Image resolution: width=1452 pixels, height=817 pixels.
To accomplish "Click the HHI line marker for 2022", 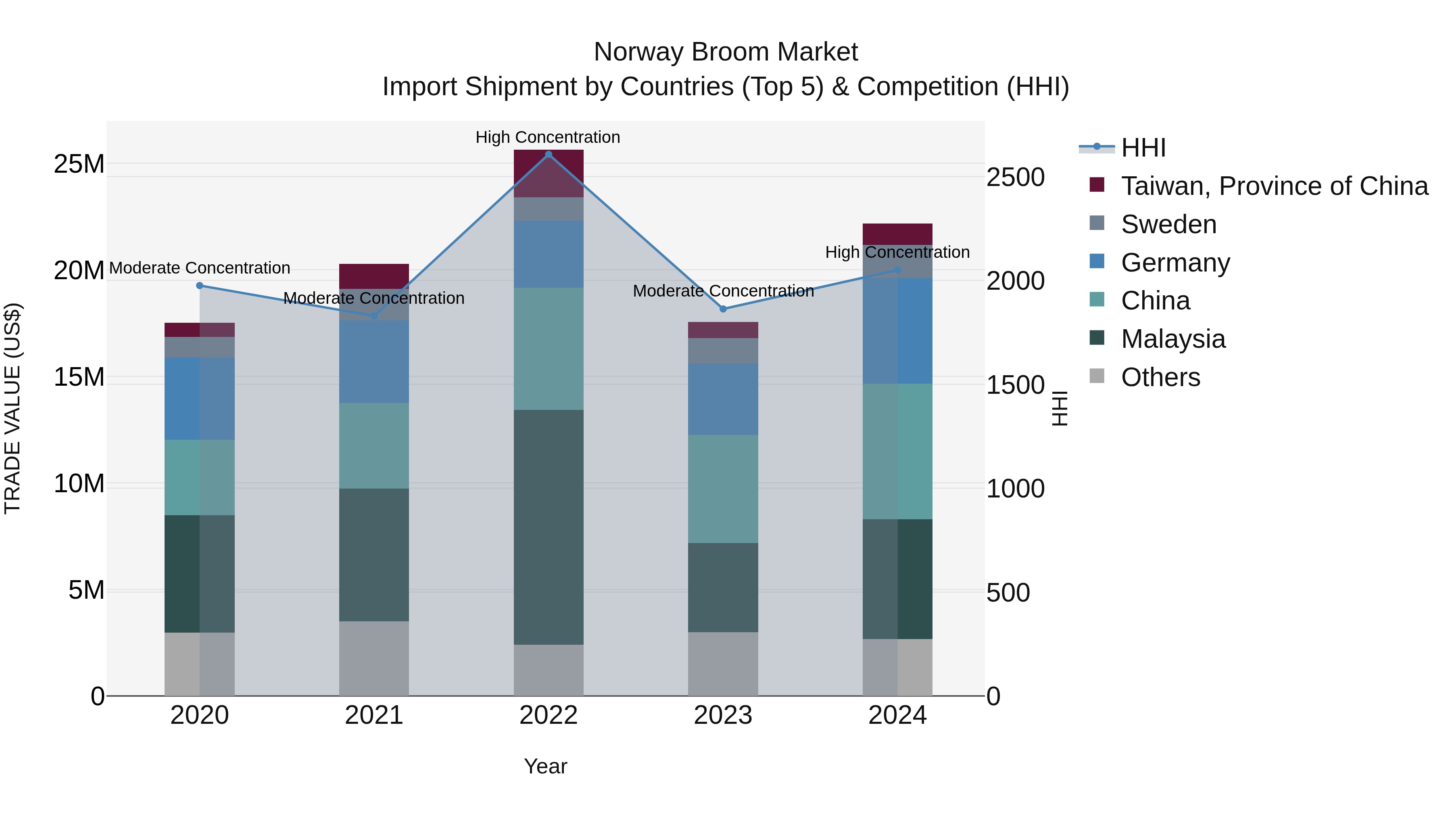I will coord(549,155).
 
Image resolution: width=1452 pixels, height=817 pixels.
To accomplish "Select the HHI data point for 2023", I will coord(723,309).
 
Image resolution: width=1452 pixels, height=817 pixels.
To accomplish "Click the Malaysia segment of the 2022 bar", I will coord(549,527).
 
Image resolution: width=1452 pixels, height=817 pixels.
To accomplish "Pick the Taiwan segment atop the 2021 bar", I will coord(374,276).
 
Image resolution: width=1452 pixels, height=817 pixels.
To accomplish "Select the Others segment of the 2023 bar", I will coord(723,664).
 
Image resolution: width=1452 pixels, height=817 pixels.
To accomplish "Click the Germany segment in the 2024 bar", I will coord(897,331).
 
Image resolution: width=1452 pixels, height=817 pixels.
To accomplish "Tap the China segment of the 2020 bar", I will coord(200,478).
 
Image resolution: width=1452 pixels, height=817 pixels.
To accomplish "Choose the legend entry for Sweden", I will coord(1168,224).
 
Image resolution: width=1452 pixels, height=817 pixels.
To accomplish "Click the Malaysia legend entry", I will coord(1172,339).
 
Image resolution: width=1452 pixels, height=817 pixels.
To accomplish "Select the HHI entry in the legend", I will coord(1143,148).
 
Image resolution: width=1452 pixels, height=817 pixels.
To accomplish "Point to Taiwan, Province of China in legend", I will coord(1274,186).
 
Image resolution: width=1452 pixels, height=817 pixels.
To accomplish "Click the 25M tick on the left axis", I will coord(79,164).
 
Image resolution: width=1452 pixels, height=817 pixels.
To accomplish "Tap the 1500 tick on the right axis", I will coord(1015,385).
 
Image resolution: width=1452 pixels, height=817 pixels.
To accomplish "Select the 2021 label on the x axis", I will coord(374,715).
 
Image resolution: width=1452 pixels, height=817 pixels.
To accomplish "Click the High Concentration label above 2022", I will coord(547,137).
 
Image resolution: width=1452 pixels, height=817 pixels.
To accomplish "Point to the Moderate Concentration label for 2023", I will coord(723,291).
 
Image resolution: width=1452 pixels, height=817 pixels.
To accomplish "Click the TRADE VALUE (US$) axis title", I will coord(13,409).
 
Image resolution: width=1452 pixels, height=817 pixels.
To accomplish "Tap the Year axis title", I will coord(545,766).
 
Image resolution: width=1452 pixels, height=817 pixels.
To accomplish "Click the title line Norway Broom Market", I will coord(726,52).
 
